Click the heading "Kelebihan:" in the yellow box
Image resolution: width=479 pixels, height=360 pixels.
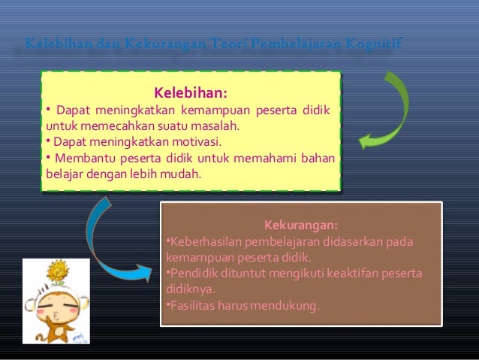191,94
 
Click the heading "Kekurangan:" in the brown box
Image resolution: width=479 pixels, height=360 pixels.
300,225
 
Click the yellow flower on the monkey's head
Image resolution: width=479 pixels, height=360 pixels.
56,270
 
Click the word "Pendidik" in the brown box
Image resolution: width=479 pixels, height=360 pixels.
190,273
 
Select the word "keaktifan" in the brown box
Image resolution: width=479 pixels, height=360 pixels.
349,273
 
